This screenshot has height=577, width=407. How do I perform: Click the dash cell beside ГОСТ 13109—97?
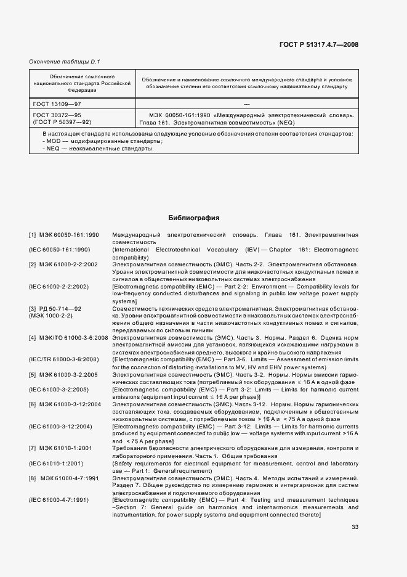click(x=246, y=105)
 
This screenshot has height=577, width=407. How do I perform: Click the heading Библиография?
click(x=194, y=218)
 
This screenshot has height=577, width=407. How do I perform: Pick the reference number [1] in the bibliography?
click(x=33, y=235)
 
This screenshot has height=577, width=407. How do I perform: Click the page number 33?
click(x=355, y=526)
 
